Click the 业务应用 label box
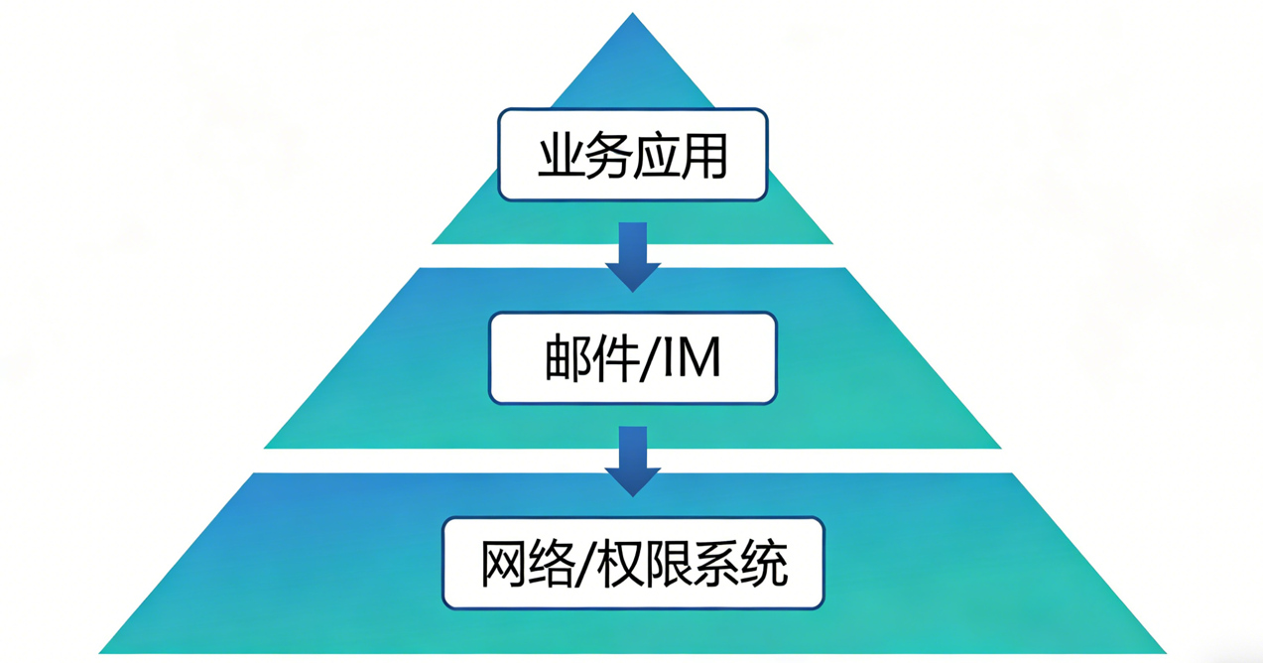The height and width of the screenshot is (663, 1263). pos(632,154)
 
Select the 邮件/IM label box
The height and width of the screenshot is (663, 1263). pos(632,358)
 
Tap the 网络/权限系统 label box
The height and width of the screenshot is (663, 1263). pos(633,563)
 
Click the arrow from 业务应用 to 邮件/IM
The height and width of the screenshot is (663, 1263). pos(633,256)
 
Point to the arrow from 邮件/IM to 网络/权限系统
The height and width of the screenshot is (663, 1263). pos(633,461)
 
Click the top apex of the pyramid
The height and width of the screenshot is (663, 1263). pos(633,15)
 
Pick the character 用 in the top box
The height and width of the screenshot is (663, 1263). pos(705,156)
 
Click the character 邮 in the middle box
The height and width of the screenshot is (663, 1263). pos(568,359)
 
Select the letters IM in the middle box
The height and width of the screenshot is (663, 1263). pos(691,359)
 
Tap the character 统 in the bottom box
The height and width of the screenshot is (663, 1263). pos(765,564)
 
